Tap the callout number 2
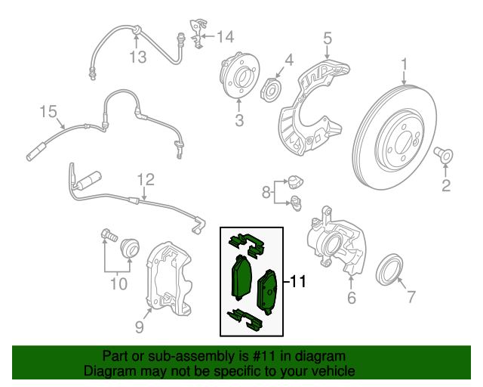click(x=445, y=184)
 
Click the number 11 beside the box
click(x=297, y=282)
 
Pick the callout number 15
click(x=48, y=113)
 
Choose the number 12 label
click(x=145, y=179)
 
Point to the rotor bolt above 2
click(x=445, y=156)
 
